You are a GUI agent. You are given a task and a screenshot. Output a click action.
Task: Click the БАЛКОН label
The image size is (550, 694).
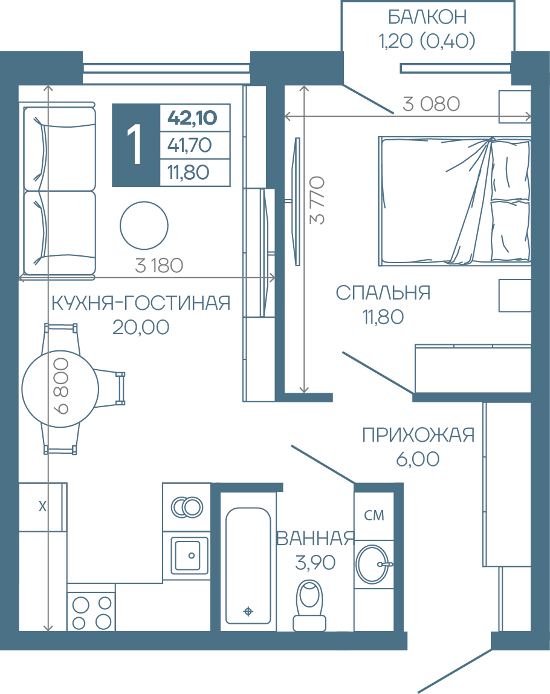coord(427,17)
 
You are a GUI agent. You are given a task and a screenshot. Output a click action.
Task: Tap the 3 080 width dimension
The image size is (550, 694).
coord(431,104)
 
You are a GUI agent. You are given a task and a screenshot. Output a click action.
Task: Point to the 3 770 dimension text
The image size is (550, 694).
coord(317,200)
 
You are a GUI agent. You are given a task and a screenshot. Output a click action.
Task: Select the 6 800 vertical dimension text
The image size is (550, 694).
coord(61,386)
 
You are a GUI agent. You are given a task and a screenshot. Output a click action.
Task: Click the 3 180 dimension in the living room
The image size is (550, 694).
coord(159,266)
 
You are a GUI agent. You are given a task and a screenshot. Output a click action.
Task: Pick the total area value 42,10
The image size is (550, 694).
coord(192,118)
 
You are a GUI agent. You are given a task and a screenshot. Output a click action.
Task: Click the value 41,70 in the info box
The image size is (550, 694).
coord(189,145)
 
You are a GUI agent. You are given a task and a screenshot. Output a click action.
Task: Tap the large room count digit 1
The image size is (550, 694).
coord(134,144)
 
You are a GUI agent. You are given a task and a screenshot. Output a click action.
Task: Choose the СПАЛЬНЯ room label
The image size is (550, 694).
coord(383,293)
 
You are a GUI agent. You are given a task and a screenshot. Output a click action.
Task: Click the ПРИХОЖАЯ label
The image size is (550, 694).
coord(418,435)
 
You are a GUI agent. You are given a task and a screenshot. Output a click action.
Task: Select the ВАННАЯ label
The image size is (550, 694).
coord(315,539)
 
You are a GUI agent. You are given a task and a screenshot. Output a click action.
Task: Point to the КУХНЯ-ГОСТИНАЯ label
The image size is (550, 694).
coord(141,303)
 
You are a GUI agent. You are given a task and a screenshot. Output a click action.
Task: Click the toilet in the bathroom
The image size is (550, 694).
coord(309,605)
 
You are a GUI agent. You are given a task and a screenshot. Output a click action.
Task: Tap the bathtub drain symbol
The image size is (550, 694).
coord(248,612)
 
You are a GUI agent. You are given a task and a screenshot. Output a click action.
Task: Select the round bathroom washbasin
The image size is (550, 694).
coord(374,564)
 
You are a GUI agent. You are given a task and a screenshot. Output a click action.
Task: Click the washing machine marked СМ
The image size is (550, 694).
coord(374,515)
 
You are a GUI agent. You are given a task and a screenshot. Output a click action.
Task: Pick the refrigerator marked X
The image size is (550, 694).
coord(42,506)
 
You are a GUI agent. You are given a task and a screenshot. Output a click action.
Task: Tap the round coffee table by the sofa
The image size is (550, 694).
coord(144,225)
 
